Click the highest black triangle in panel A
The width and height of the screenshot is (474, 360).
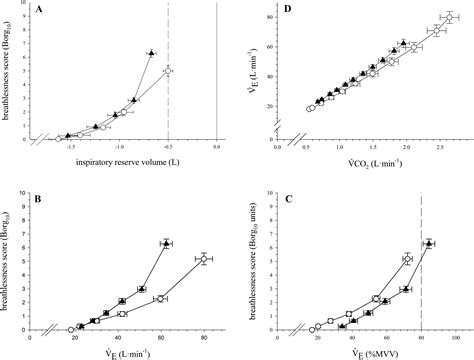tap(150, 52)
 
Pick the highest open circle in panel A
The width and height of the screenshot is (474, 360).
tap(168, 71)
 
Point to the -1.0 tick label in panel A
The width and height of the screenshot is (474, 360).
tap(120, 147)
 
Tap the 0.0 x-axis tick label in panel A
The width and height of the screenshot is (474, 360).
tap(217, 147)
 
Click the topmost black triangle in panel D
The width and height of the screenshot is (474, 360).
tap(404, 43)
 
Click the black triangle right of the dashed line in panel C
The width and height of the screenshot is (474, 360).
tap(429, 243)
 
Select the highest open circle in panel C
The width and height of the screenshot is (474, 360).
tap(407, 259)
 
